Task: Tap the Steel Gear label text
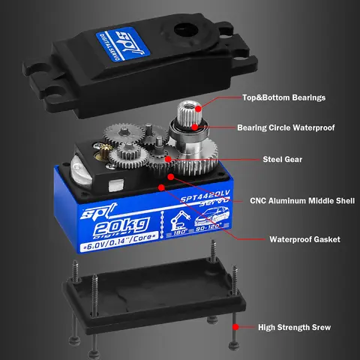[x=282, y=159]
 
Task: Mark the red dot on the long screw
[x=236, y=327]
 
